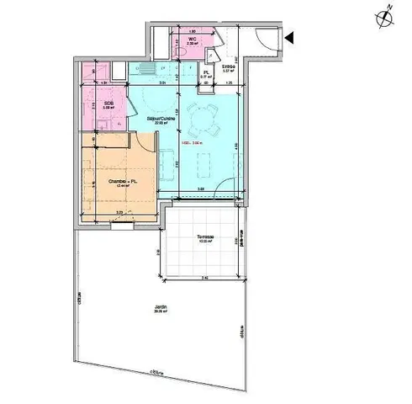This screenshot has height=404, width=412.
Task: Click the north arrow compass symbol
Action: click(384, 15)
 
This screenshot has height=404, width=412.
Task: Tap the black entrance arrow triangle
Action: click(288, 38)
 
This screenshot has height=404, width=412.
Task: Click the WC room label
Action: click(192, 40)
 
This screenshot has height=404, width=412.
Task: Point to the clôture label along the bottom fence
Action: click(156, 371)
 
